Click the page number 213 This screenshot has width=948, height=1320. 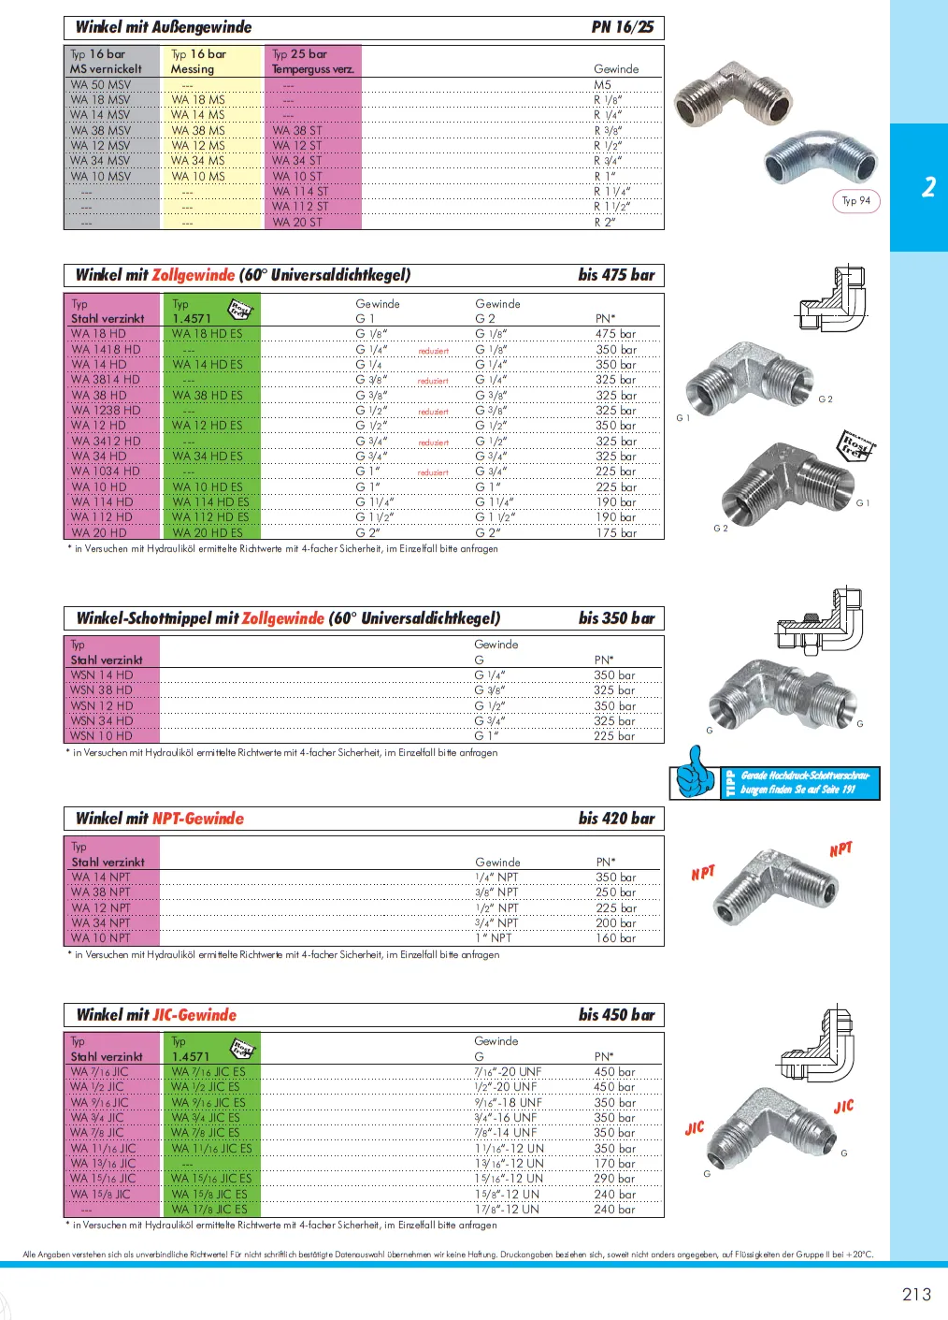click(916, 1294)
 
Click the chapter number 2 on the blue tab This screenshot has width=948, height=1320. click(927, 187)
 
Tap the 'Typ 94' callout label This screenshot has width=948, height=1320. click(855, 200)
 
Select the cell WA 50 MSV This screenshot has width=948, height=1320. click(101, 84)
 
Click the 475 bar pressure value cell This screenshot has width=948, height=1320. click(615, 334)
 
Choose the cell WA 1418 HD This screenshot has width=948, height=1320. click(106, 349)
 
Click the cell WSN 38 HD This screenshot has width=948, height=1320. click(101, 689)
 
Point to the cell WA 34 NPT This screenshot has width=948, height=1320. click(101, 922)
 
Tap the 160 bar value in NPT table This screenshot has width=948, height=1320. click(615, 937)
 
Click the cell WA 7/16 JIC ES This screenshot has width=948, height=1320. click(208, 1072)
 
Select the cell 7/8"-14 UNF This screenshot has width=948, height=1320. click(506, 1133)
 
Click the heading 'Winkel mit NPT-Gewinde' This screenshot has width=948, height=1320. click(160, 819)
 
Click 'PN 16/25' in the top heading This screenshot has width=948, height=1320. click(622, 27)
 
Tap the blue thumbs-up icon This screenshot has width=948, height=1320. click(695, 773)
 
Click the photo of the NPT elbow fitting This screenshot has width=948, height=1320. click(771, 894)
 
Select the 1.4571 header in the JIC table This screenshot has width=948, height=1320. click(191, 1056)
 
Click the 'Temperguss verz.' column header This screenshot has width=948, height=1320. click(313, 69)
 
